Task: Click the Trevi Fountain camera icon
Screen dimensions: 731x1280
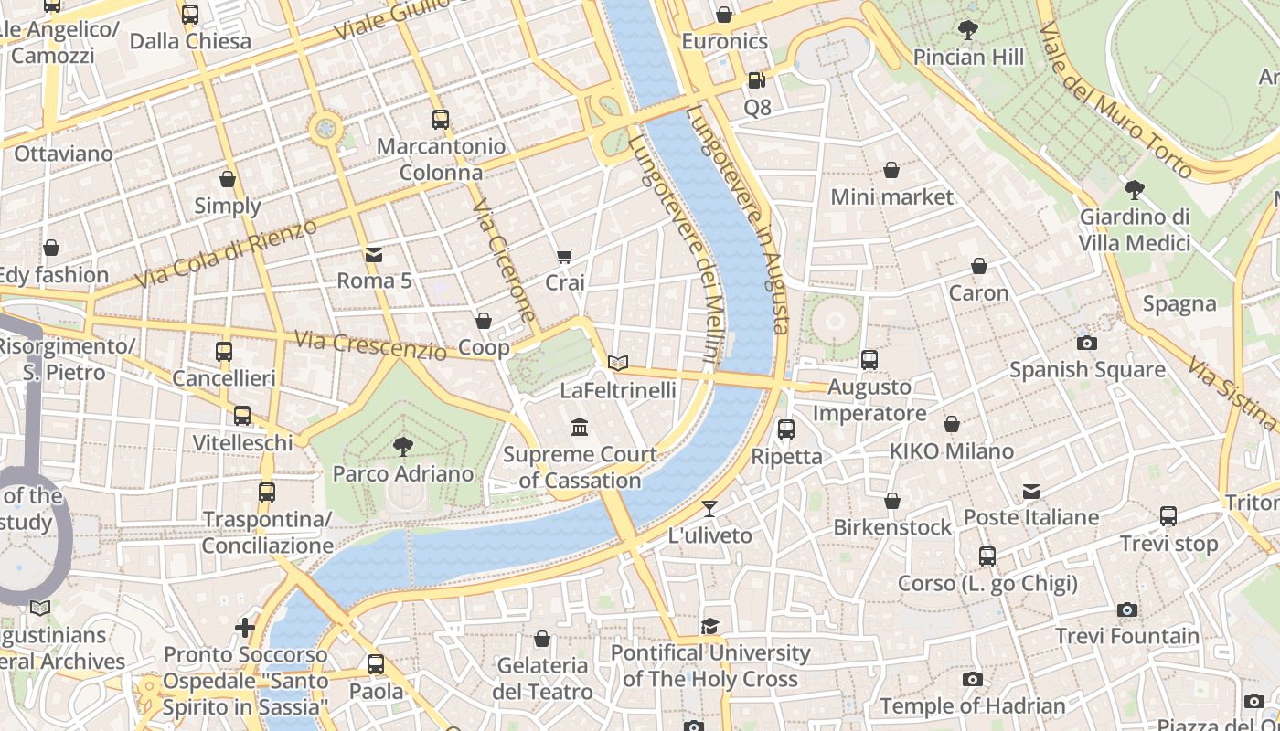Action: click(x=1127, y=609)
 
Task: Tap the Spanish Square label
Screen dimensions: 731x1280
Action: click(x=1087, y=369)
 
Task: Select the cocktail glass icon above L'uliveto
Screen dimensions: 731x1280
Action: click(x=709, y=508)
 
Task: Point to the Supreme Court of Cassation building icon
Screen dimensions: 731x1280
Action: click(x=579, y=427)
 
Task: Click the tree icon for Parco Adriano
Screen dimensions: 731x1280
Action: click(x=402, y=446)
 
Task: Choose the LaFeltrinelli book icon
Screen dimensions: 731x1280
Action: click(x=619, y=363)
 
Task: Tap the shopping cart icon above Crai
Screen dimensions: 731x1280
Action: click(x=565, y=257)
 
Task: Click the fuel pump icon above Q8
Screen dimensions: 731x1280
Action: click(x=756, y=80)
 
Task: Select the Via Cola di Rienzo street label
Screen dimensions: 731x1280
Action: click(x=226, y=253)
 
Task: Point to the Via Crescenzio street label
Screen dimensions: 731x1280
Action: click(x=370, y=344)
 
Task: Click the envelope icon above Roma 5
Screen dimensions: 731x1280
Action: click(x=374, y=254)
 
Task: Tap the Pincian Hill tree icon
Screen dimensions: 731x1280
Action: click(x=967, y=30)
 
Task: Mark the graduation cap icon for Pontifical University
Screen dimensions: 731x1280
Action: click(x=709, y=626)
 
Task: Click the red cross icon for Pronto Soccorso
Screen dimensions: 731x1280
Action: click(x=245, y=628)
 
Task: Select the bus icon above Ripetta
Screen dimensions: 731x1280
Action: click(x=785, y=429)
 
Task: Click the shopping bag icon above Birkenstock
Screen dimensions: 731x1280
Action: click(x=891, y=501)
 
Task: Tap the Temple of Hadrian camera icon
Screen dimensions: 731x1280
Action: click(x=973, y=679)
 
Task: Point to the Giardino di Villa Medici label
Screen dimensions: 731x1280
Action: click(x=1135, y=229)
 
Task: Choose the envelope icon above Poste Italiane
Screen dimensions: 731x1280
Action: click(x=1031, y=492)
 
